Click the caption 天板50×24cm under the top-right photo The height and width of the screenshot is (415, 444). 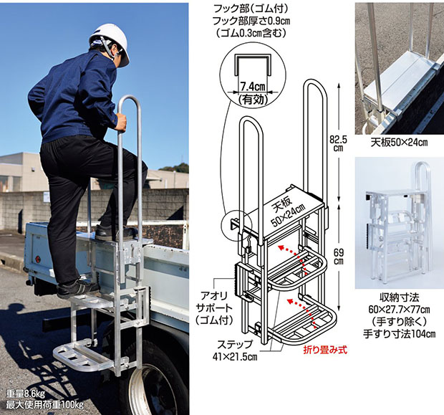[x=398, y=142]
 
